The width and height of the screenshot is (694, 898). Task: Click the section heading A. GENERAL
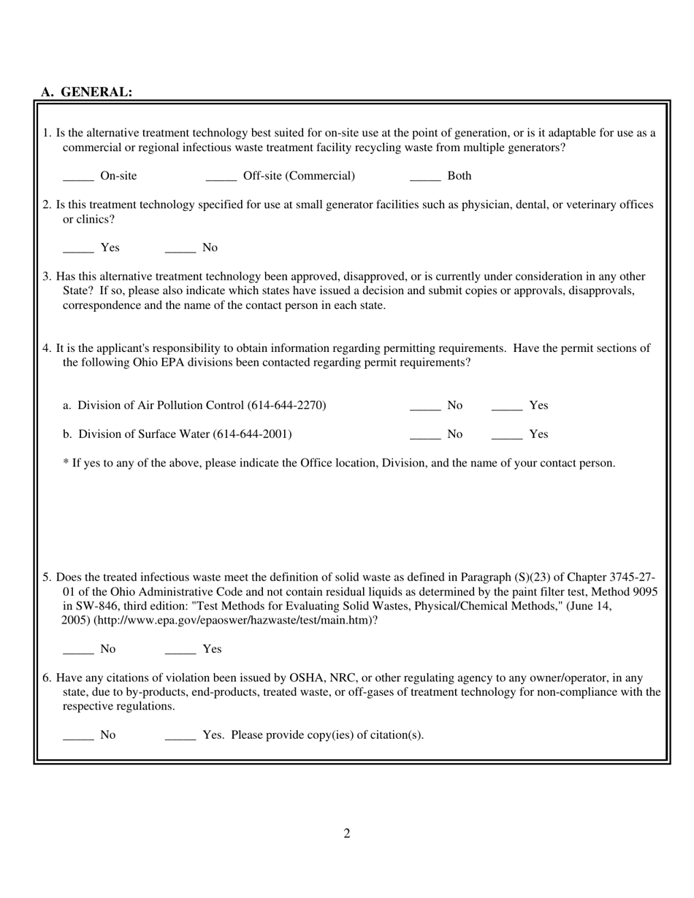point(87,92)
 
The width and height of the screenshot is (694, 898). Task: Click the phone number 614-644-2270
point(286,405)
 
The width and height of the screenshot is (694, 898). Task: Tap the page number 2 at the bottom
point(347,834)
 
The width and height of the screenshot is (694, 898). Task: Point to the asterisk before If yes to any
point(66,463)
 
